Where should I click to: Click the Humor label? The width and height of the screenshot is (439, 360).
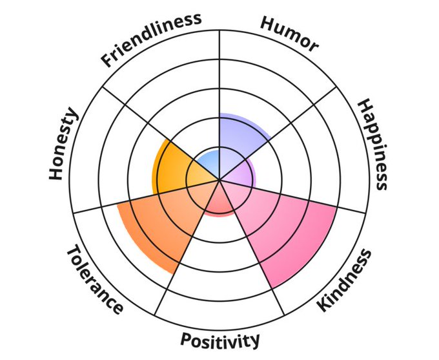point(289,32)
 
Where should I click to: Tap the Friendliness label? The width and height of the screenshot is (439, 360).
point(151,38)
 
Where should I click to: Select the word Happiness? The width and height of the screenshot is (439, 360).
point(373,143)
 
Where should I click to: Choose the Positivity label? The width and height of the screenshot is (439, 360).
point(220,339)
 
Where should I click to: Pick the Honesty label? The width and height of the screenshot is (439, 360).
point(63,144)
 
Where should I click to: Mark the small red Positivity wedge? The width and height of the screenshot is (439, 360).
point(219,201)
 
